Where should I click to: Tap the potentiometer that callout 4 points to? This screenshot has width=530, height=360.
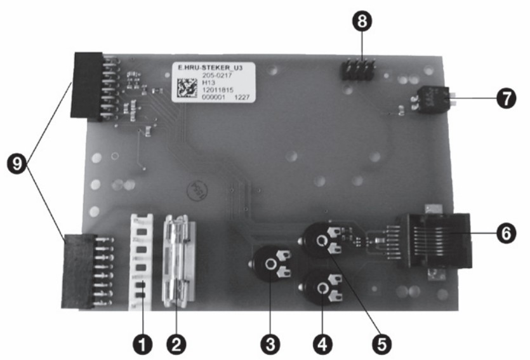coord(322,290)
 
